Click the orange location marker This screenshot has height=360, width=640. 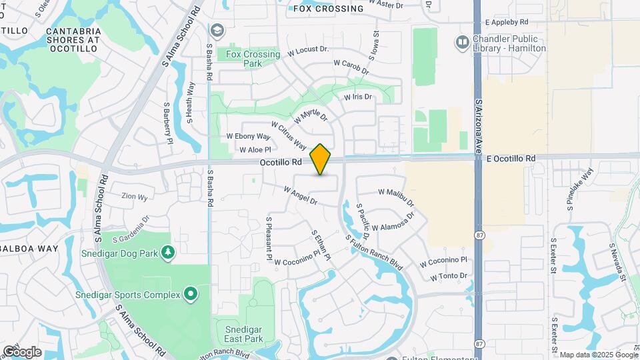321,159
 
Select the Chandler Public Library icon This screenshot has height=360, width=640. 462,43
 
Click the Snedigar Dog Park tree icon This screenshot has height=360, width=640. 169,251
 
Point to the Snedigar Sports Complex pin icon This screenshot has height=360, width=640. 190,294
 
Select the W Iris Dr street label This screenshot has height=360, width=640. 357,97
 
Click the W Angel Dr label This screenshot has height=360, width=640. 300,195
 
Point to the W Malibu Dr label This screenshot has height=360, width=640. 396,197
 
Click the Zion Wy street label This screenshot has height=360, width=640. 134,197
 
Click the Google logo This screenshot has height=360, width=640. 22,351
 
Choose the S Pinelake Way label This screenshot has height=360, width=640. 579,189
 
